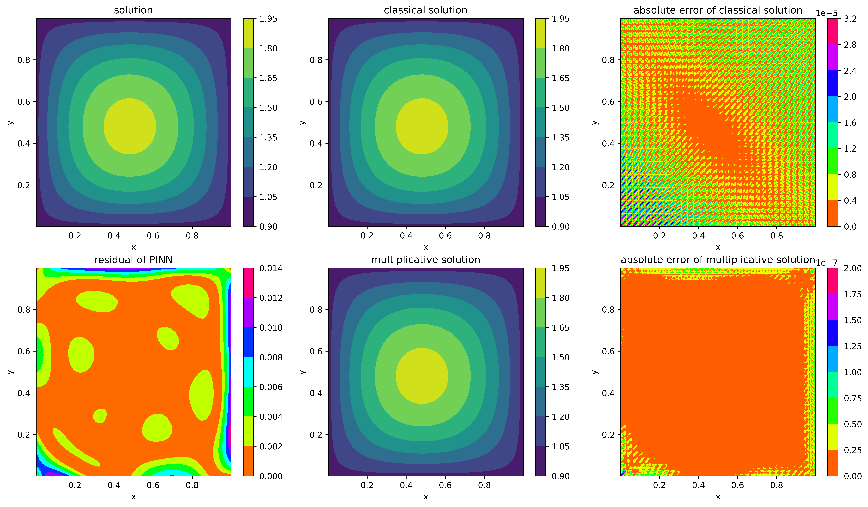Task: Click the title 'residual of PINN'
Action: point(133,260)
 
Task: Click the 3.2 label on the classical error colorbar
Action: point(850,19)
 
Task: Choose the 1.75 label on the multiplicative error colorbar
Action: point(852,294)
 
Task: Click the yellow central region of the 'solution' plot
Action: point(130,126)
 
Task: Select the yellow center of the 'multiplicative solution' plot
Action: point(422,376)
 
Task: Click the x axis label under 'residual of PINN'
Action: point(133,497)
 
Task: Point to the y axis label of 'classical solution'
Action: point(302,122)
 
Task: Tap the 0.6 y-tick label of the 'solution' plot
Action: point(24,102)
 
